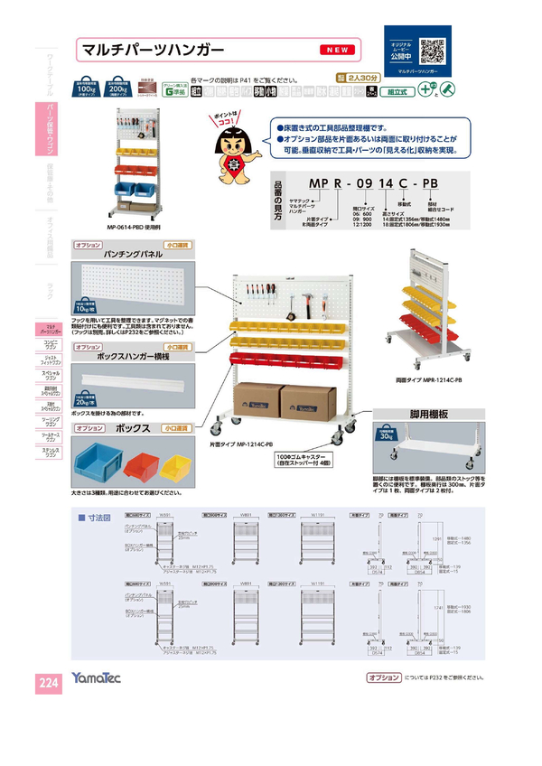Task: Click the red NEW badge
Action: point(341,49)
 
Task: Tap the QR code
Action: point(431,48)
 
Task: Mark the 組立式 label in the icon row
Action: point(397,91)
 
